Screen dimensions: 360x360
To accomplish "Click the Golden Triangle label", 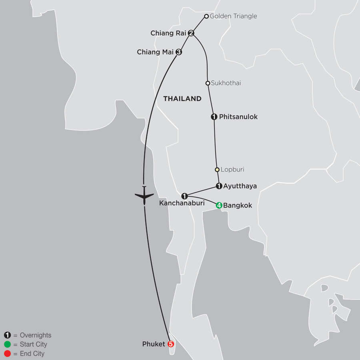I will [233, 16].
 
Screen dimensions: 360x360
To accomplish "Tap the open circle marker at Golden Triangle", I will [206, 16].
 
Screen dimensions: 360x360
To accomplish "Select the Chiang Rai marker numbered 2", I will [191, 33].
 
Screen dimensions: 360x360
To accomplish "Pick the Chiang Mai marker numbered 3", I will [179, 52].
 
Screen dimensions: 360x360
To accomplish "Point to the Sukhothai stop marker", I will [208, 83].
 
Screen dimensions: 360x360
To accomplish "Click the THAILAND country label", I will [182, 99].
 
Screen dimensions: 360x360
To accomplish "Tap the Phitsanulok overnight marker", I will [214, 117].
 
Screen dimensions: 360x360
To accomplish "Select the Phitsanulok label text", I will [238, 117].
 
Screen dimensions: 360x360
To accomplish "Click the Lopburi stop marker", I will [217, 169].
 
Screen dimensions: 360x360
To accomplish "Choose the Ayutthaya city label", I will [240, 186].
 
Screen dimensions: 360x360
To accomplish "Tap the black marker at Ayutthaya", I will [219, 186].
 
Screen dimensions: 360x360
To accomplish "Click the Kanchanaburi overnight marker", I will [184, 196].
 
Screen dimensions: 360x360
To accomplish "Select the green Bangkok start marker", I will [219, 206].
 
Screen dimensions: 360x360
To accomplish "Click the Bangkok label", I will [238, 206].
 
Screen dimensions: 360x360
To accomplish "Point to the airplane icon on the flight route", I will [144, 196].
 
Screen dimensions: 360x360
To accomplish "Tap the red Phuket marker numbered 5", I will [171, 344].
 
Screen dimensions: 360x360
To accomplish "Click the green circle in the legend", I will [7, 344].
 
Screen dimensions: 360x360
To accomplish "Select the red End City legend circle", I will [7, 354].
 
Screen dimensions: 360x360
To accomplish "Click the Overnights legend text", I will [35, 335].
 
